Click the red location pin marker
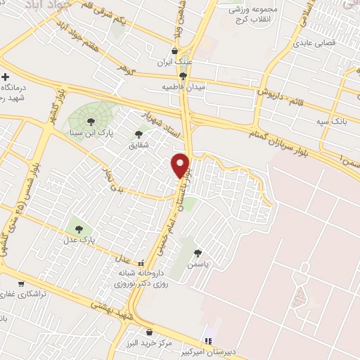[x=181, y=165]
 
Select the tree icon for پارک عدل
[x=78, y=228]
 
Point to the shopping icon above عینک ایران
[x=174, y=51]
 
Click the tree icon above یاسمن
[x=198, y=253]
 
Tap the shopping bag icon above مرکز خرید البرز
[x=148, y=330]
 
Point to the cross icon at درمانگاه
[x=6, y=77]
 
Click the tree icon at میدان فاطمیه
[x=183, y=76]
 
